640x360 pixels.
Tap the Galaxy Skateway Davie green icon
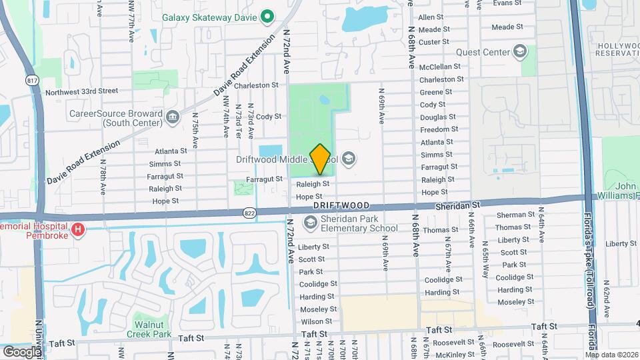click(x=267, y=16)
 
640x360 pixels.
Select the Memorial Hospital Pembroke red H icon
click(x=79, y=230)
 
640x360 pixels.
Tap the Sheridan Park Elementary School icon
click(x=310, y=222)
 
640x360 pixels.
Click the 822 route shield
click(x=249, y=213)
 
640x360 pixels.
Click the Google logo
click(x=22, y=351)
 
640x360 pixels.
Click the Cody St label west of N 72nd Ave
click(x=269, y=117)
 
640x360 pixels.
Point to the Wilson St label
click(x=316, y=321)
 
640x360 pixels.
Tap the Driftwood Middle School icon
click(x=349, y=159)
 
